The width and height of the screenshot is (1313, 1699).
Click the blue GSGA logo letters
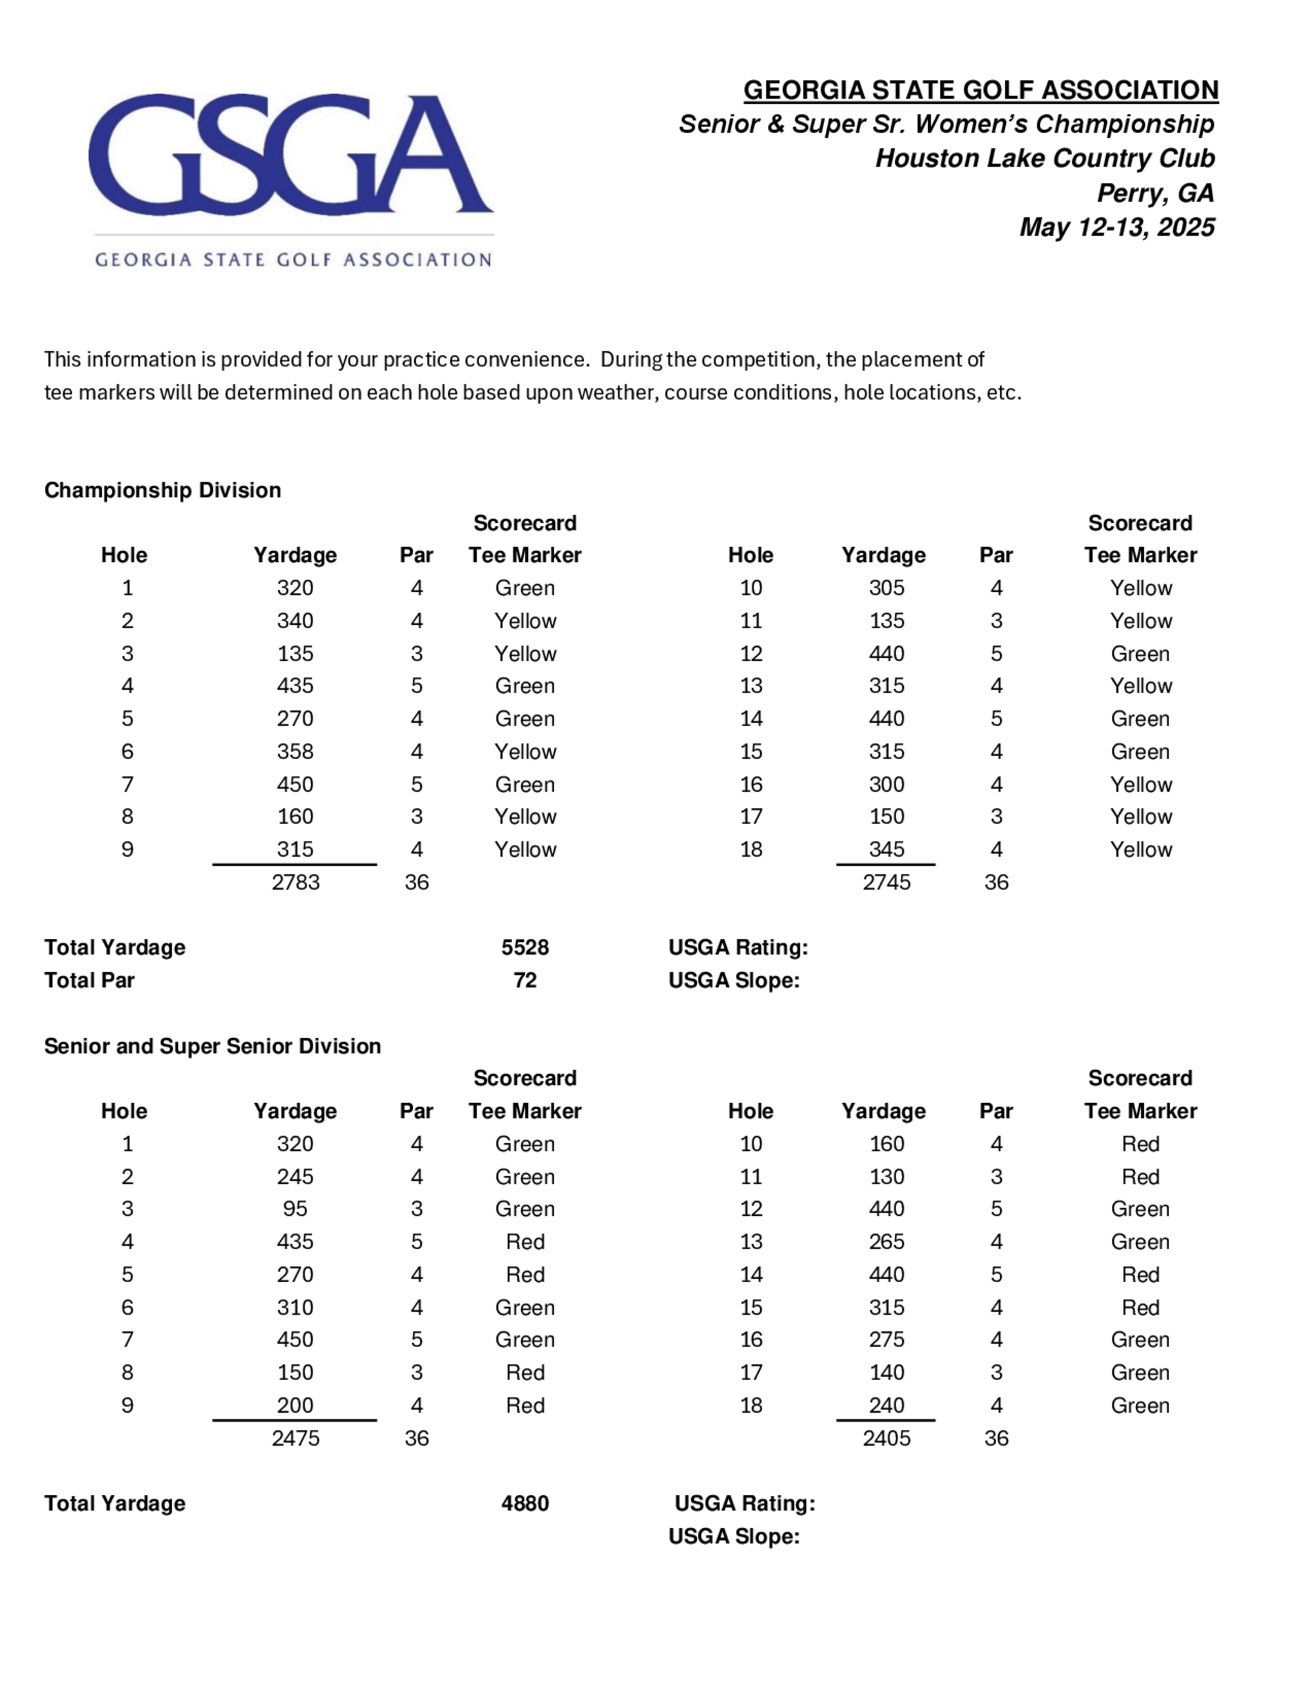[290, 155]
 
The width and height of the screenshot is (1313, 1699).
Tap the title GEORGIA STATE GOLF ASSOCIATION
[980, 90]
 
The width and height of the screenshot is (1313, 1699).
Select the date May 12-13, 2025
[1116, 227]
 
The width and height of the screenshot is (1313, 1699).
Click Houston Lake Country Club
[1044, 159]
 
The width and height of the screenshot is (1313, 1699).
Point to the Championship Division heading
[163, 490]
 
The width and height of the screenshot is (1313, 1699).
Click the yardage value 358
[295, 752]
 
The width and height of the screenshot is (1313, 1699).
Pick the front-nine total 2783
[295, 882]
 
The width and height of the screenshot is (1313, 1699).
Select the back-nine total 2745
[886, 882]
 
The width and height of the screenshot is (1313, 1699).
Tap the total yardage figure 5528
[525, 947]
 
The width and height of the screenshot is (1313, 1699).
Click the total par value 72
[525, 980]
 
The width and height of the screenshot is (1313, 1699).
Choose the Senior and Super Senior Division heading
[212, 1046]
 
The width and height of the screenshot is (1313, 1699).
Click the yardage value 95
[295, 1209]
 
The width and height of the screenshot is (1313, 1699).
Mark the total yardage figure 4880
[525, 1504]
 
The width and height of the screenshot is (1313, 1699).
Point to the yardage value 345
[886, 849]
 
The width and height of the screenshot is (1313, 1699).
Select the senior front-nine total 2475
[295, 1438]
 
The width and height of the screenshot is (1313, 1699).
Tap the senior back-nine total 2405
[886, 1438]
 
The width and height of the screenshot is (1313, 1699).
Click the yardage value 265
[886, 1241]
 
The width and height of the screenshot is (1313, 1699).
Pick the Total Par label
[89, 980]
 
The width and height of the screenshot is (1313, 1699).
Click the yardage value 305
[886, 588]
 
